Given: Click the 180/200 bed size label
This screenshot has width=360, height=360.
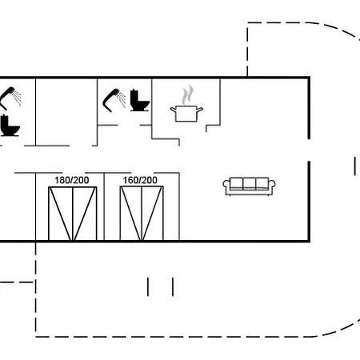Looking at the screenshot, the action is click(72, 180).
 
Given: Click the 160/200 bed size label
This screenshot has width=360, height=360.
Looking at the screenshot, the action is click(140, 180).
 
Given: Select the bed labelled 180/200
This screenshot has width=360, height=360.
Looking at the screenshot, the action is click(72, 214).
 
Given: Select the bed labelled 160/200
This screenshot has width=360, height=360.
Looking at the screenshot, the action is click(142, 214).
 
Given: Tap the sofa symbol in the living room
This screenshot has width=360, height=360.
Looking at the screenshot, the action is click(249, 186).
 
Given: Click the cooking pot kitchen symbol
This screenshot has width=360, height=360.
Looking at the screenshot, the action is click(186, 114).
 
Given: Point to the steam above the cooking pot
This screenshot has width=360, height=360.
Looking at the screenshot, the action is click(187, 94).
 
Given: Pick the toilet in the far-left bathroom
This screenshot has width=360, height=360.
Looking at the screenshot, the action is click(10, 126).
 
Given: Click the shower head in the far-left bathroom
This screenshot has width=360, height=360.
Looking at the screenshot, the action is click(10, 98).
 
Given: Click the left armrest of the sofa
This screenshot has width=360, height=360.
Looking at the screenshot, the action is click(226, 187).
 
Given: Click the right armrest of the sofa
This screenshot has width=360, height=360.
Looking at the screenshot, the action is click(272, 187).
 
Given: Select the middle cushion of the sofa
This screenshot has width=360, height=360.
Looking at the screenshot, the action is click(250, 183).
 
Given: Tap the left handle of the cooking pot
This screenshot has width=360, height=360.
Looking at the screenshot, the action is click(174, 110).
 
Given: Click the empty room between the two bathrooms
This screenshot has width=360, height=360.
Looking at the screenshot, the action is click(66, 112).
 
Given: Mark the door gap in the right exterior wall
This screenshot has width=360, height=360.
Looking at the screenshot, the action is click(309, 150).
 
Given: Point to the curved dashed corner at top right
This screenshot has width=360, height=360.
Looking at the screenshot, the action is click(338, 29).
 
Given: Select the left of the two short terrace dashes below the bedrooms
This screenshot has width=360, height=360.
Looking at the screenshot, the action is click(148, 286).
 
